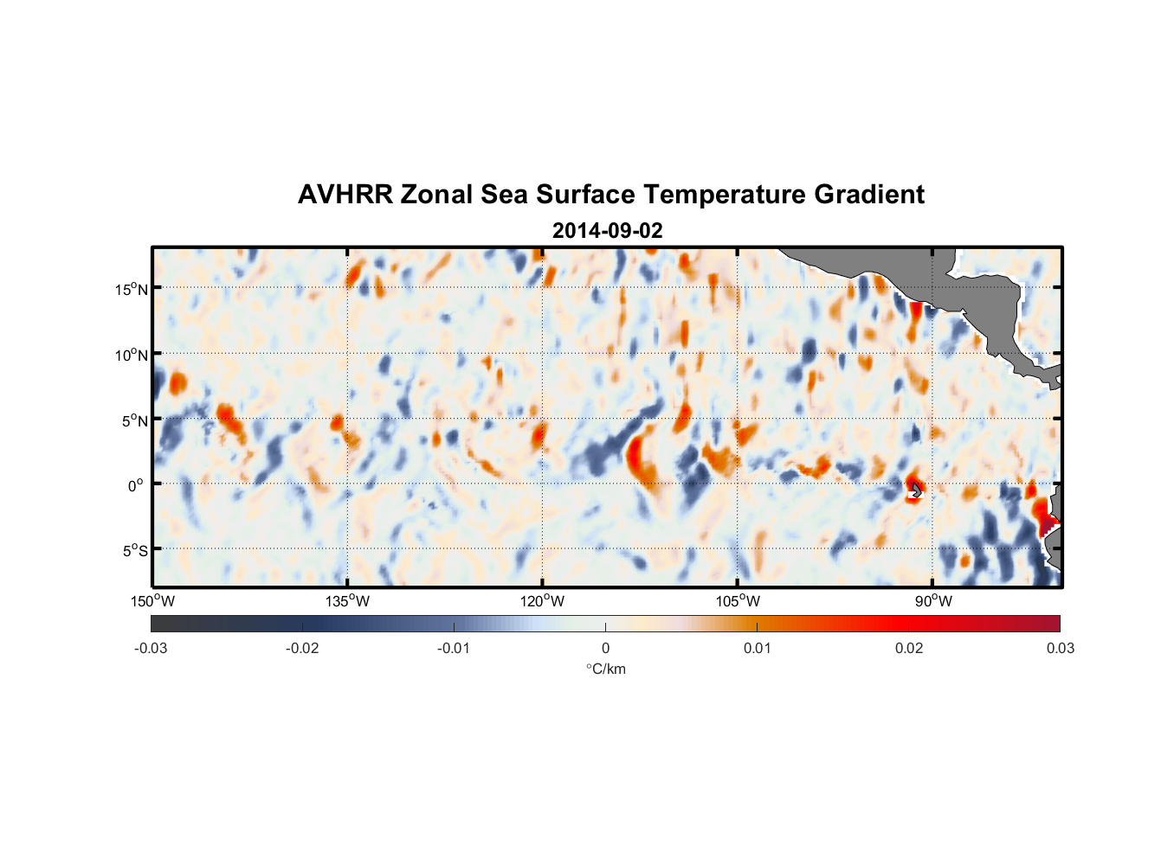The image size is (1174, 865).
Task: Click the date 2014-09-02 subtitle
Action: (x=607, y=231)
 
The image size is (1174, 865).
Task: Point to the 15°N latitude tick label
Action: (x=131, y=289)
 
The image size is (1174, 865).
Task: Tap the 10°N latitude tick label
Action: (x=131, y=355)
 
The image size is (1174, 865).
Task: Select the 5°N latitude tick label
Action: (x=134, y=420)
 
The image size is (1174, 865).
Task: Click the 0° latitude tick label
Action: (x=136, y=485)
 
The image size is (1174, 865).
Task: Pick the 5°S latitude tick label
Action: (x=134, y=551)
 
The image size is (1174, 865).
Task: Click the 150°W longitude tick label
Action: (x=152, y=601)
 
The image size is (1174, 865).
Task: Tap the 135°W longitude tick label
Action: (x=347, y=601)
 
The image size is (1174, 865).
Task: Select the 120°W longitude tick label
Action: (x=542, y=601)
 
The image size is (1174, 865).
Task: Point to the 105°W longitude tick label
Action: (x=738, y=601)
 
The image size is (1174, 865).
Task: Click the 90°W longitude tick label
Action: (x=933, y=601)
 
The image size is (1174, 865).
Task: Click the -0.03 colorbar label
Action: (x=151, y=648)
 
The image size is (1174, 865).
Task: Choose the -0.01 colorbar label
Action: (x=453, y=648)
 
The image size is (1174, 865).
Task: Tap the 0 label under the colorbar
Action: (x=605, y=648)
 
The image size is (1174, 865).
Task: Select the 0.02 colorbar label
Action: (x=909, y=648)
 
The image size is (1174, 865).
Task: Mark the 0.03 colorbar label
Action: (x=1060, y=648)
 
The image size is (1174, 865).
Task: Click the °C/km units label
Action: (x=605, y=669)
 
